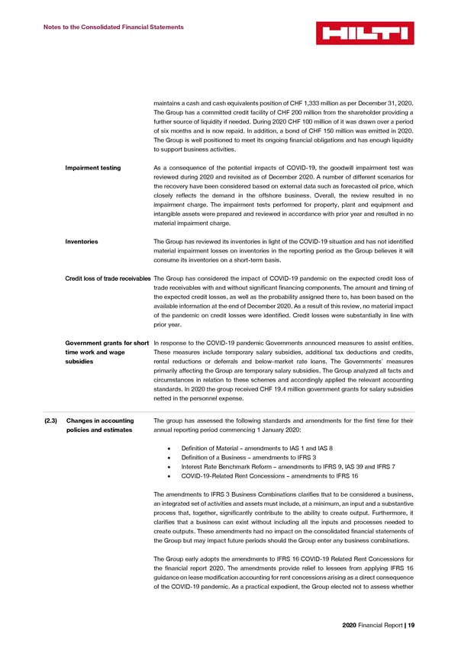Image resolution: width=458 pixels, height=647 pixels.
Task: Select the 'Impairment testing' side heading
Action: pos(93,168)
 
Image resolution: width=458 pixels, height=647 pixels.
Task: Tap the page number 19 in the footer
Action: pos(411,625)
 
